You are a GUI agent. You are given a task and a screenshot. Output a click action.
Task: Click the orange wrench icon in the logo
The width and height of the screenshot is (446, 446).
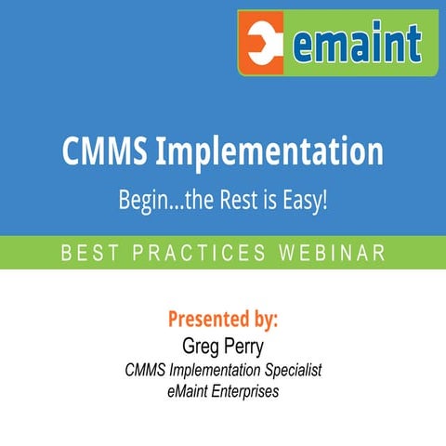click(264, 44)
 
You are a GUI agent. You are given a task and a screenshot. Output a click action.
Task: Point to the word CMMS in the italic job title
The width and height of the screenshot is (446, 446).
click(145, 370)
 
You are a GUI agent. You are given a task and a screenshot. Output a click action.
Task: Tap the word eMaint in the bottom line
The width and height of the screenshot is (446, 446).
click(187, 392)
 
